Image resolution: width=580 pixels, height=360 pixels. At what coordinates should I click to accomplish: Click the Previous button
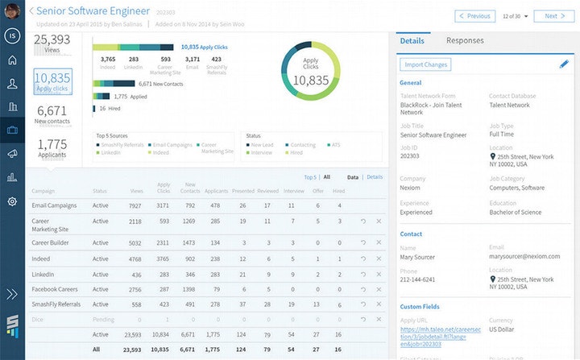tap(474, 15)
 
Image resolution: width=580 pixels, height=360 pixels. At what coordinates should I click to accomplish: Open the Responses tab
tap(465, 41)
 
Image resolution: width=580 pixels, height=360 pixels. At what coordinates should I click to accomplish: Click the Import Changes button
tap(427, 64)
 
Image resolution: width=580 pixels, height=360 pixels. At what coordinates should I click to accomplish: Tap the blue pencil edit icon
tap(564, 64)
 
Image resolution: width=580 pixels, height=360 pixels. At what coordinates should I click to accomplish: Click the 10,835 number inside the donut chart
tap(310, 80)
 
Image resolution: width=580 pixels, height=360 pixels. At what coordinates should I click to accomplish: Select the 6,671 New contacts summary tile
tap(52, 114)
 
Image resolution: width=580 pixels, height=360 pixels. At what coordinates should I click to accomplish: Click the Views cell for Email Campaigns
tap(135, 205)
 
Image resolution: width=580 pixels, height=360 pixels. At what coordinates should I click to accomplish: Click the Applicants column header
tap(215, 191)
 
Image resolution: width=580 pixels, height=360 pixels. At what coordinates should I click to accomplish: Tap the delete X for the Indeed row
tap(379, 259)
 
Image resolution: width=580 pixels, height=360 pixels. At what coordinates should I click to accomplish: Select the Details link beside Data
tap(375, 176)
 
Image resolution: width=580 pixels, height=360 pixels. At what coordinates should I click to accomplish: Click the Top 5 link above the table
tap(310, 176)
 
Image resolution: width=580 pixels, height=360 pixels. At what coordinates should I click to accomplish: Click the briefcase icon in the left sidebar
tap(12, 130)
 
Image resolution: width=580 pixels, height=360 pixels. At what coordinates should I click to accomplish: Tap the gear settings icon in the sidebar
tap(12, 201)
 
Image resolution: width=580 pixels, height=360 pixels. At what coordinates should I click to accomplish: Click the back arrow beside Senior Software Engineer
tap(31, 11)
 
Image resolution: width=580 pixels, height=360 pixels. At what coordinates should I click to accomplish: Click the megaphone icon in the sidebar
tap(12, 153)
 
